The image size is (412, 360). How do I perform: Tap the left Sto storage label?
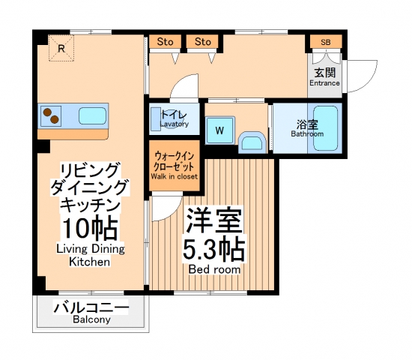[163, 41]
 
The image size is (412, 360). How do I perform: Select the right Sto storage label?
[202, 41]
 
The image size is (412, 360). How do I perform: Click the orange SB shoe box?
[326, 41]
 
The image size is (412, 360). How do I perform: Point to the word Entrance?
[324, 83]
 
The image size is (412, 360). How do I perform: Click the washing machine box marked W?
[220, 130]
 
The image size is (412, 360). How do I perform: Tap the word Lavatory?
[174, 124]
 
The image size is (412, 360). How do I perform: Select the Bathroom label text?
[307, 134]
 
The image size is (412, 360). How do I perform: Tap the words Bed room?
[214, 268]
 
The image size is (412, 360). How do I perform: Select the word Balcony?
[91, 320]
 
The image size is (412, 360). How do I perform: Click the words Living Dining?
[90, 248]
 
